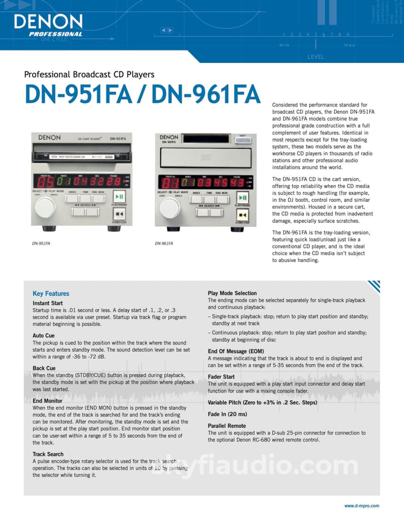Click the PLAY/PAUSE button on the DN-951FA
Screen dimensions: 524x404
coord(119,197)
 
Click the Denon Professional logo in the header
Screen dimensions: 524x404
coord(48,25)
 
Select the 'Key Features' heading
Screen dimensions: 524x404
coord(51,293)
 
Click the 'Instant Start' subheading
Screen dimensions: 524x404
coord(47,303)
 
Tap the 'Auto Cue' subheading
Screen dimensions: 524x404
coord(43,335)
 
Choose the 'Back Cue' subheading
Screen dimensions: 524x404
coord(44,368)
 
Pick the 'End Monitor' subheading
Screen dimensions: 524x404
coord(47,401)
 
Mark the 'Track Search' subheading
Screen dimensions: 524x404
coord(48,454)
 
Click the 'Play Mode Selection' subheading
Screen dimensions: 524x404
coord(232,293)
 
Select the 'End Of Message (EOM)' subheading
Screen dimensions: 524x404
coord(236,351)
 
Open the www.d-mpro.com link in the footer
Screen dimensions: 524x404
coord(361,506)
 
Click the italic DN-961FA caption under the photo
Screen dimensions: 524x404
coord(164,243)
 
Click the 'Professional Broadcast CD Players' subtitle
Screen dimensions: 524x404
coord(89,74)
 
